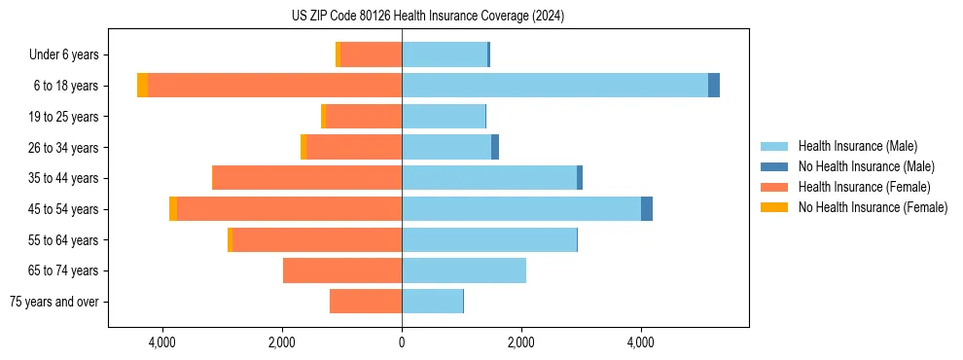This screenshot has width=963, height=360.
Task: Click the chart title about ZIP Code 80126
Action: tap(427, 17)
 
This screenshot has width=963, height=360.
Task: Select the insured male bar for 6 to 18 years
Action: tap(554, 86)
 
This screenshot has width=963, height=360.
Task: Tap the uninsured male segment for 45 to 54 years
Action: tap(647, 209)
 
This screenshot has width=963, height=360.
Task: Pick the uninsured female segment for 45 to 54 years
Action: tap(173, 209)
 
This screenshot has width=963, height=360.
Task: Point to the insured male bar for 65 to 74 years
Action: tap(464, 270)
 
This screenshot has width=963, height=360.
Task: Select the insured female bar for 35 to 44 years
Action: tap(306, 178)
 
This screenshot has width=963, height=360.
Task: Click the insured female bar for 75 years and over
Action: tap(366, 302)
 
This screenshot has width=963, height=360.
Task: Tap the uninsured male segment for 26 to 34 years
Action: tap(495, 147)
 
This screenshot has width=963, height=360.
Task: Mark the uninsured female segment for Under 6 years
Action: tap(338, 54)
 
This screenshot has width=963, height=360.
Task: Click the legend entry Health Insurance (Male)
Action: tap(857, 146)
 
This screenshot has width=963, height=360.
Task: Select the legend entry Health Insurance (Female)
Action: tap(864, 187)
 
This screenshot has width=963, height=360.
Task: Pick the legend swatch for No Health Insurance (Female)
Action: tap(775, 207)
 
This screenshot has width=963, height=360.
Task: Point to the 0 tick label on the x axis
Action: tap(402, 342)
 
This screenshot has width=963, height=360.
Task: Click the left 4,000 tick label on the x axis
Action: tap(161, 342)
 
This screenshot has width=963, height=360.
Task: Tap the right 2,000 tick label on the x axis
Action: tap(521, 342)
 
